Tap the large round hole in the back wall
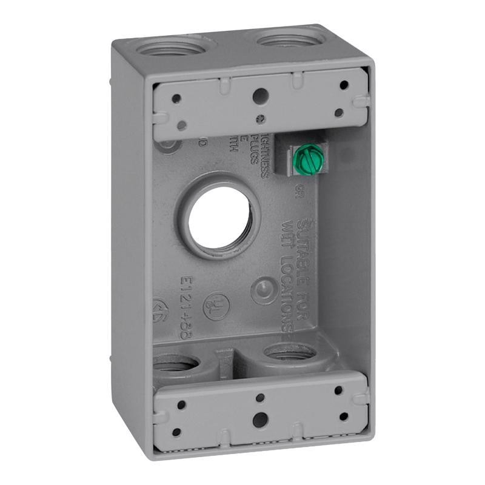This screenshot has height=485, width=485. click(x=219, y=217)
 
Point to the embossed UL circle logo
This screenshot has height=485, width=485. click(x=216, y=306)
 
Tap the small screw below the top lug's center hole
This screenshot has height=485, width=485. click(x=260, y=119)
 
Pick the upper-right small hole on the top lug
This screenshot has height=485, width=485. click(x=344, y=85)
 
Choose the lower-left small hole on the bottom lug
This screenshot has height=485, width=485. click(x=176, y=432)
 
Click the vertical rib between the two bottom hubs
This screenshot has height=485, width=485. click(x=224, y=358)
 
